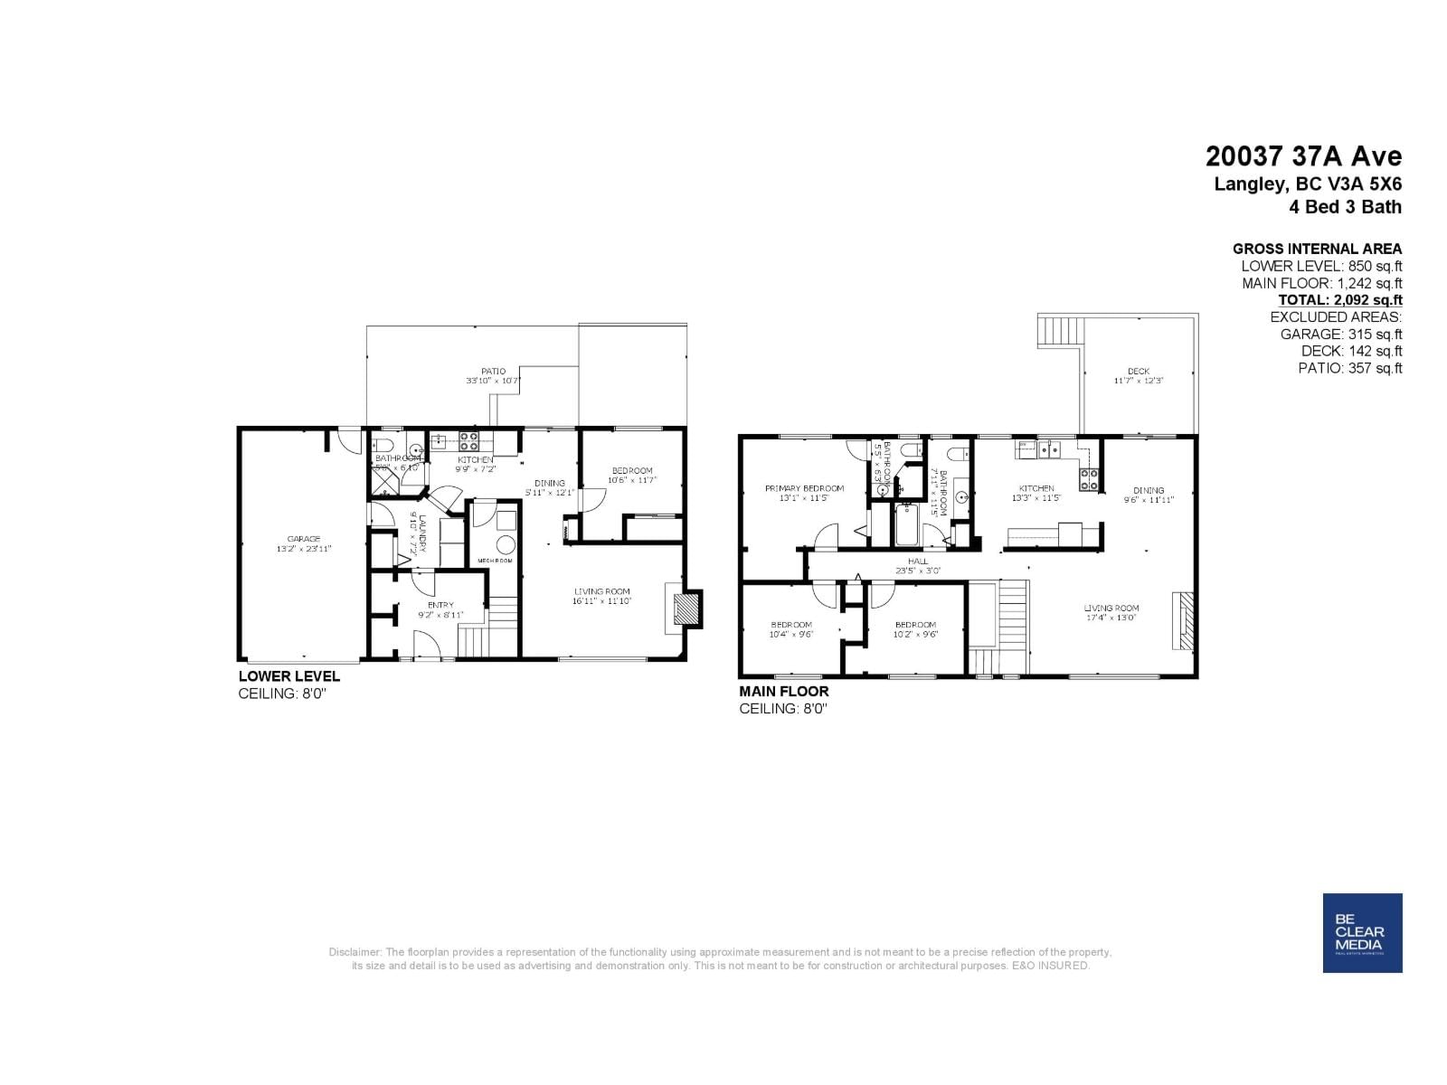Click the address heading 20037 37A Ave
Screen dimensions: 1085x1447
tap(1303, 156)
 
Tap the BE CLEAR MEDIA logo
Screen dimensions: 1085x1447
tap(1362, 932)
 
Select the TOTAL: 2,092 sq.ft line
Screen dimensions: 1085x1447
tap(1339, 300)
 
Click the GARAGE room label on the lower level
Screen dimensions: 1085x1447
tap(304, 539)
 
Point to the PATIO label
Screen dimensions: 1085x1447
tap(493, 372)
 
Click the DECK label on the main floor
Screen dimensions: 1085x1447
tap(1139, 372)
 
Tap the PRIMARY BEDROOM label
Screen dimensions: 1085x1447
tap(804, 488)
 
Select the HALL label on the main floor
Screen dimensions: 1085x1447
tap(918, 561)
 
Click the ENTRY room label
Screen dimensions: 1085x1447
tap(440, 605)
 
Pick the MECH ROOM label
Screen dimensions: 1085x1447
tap(495, 561)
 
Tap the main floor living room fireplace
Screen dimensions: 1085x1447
tap(1184, 620)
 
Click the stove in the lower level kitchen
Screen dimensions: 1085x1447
tap(469, 442)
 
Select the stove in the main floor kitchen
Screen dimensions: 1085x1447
tap(1089, 478)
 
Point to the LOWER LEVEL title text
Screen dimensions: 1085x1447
tap(289, 676)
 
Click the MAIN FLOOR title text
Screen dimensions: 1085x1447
tap(783, 692)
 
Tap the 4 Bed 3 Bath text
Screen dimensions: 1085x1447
tap(1345, 207)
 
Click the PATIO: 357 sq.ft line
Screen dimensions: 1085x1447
tap(1349, 368)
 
